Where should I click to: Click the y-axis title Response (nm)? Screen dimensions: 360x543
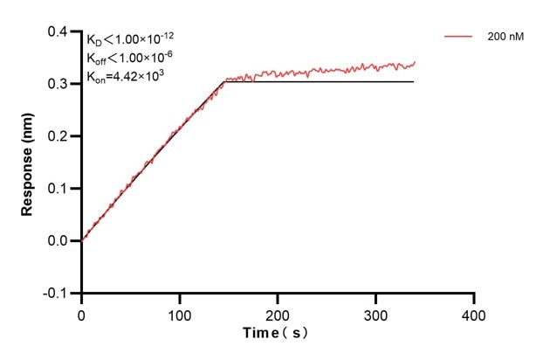pos(28,162)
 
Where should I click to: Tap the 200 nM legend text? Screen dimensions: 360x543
pos(505,38)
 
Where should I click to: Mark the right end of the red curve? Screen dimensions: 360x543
pos(414,62)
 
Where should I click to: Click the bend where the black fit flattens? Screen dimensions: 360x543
pos(224,81)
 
